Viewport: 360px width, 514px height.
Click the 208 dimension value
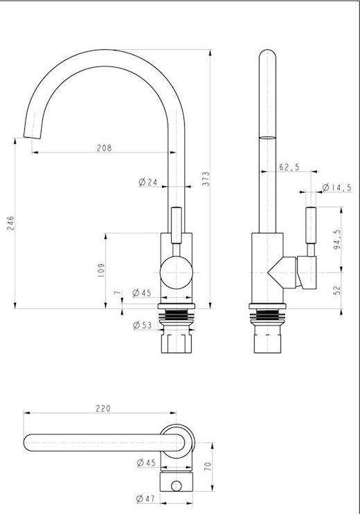pos(104,148)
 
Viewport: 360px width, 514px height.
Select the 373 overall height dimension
pos(206,179)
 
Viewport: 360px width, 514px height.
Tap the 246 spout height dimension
pos(11,223)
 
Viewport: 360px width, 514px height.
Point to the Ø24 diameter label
pos(147,182)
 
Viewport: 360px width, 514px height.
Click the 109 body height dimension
pos(101,270)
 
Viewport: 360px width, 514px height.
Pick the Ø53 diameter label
pos(142,325)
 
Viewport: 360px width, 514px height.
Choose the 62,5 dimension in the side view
pos(289,167)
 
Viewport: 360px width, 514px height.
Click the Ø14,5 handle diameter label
pos(336,188)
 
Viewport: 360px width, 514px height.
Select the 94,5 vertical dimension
pos(337,239)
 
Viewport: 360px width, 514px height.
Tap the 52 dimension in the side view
pos(337,290)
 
